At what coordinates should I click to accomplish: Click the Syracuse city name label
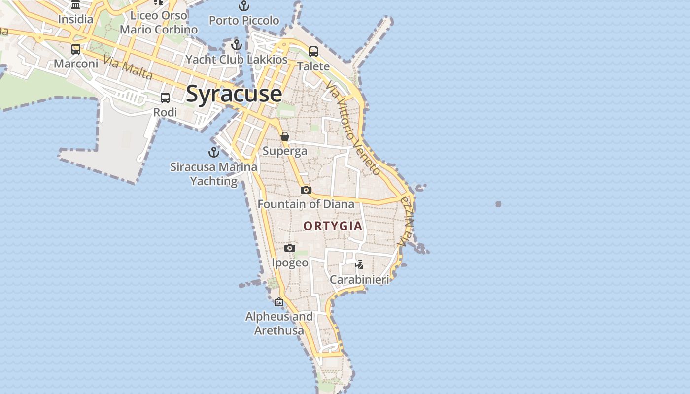coord(234,94)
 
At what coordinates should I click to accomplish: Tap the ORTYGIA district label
coord(333,226)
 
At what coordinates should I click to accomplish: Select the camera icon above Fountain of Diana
coord(306,190)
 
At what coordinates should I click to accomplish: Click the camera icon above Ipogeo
coord(290,248)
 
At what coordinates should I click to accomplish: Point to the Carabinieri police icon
coord(359,265)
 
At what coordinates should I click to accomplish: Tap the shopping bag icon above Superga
coord(285,136)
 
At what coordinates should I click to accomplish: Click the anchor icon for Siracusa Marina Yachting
coord(214,152)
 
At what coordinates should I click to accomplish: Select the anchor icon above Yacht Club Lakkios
coord(237,45)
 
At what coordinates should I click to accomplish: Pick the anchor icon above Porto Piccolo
coord(244,6)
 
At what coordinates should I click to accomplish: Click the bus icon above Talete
coord(313,51)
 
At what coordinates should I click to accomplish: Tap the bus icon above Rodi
coord(165,98)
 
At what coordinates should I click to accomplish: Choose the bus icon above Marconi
coord(76,49)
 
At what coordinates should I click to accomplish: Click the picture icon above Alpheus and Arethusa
coord(279,301)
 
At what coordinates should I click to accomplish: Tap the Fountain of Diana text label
coord(306,204)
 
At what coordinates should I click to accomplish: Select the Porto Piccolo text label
coord(244,21)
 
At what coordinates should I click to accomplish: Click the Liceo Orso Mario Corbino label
coord(159,23)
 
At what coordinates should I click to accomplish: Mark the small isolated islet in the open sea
coord(498,204)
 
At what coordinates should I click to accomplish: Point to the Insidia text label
coord(75,19)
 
